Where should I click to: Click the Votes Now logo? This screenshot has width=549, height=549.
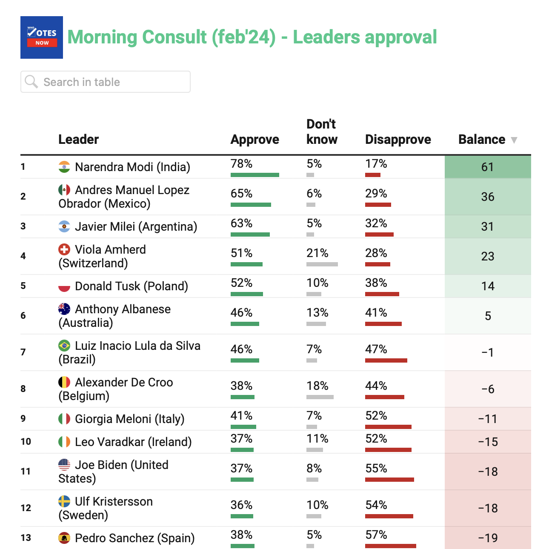(x=42, y=37)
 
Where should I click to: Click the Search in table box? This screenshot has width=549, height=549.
(x=106, y=82)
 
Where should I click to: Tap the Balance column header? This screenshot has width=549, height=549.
(x=482, y=140)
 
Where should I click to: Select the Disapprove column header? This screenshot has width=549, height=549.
(x=398, y=140)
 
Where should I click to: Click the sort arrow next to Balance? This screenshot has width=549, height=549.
(x=514, y=140)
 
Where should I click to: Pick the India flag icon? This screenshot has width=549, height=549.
(x=64, y=167)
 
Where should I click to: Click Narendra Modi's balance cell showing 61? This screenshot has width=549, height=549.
(x=488, y=167)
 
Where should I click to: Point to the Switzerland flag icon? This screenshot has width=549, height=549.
(x=64, y=249)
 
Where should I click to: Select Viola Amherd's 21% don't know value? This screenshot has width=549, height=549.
(x=317, y=253)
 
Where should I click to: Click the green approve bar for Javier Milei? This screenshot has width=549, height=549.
(x=250, y=234)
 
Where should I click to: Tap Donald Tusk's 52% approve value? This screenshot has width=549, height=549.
(x=242, y=283)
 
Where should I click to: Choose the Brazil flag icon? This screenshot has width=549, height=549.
(x=64, y=346)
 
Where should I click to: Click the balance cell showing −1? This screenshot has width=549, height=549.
(x=488, y=352)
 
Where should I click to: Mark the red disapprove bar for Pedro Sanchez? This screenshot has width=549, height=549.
(x=391, y=546)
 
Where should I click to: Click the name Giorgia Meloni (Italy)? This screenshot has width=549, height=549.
(x=130, y=419)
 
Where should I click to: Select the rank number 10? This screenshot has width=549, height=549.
(x=26, y=442)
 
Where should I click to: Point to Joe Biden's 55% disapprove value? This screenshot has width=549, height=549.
(x=376, y=469)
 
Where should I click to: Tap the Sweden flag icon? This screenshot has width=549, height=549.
(x=64, y=501)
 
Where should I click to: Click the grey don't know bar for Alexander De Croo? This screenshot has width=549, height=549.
(x=320, y=397)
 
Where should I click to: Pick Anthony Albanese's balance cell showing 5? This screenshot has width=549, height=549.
(x=488, y=316)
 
